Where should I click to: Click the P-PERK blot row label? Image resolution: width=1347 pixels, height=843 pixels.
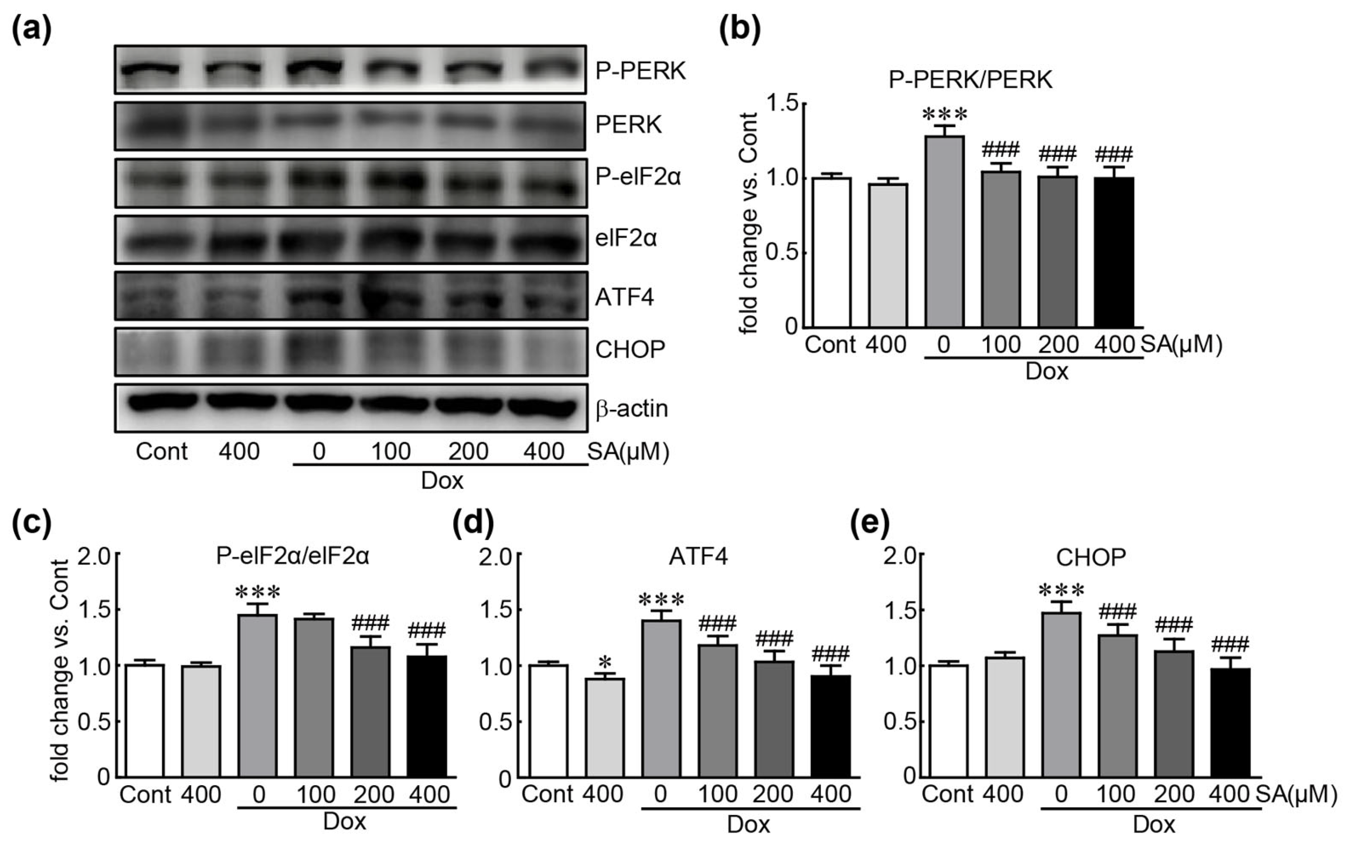pyautogui.click(x=640, y=71)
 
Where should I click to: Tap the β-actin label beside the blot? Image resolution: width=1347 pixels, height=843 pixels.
pyautogui.click(x=631, y=409)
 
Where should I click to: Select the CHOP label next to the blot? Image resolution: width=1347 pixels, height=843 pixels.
pyautogui.click(x=630, y=350)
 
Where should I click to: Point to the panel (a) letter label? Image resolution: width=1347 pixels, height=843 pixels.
pyautogui.click(x=32, y=29)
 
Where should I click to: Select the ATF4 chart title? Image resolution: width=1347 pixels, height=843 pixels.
pyautogui.click(x=700, y=557)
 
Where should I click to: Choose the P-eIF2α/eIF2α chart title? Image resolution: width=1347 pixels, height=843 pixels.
pyautogui.click(x=293, y=557)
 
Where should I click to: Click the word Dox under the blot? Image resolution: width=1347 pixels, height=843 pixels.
pyautogui.click(x=441, y=480)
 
